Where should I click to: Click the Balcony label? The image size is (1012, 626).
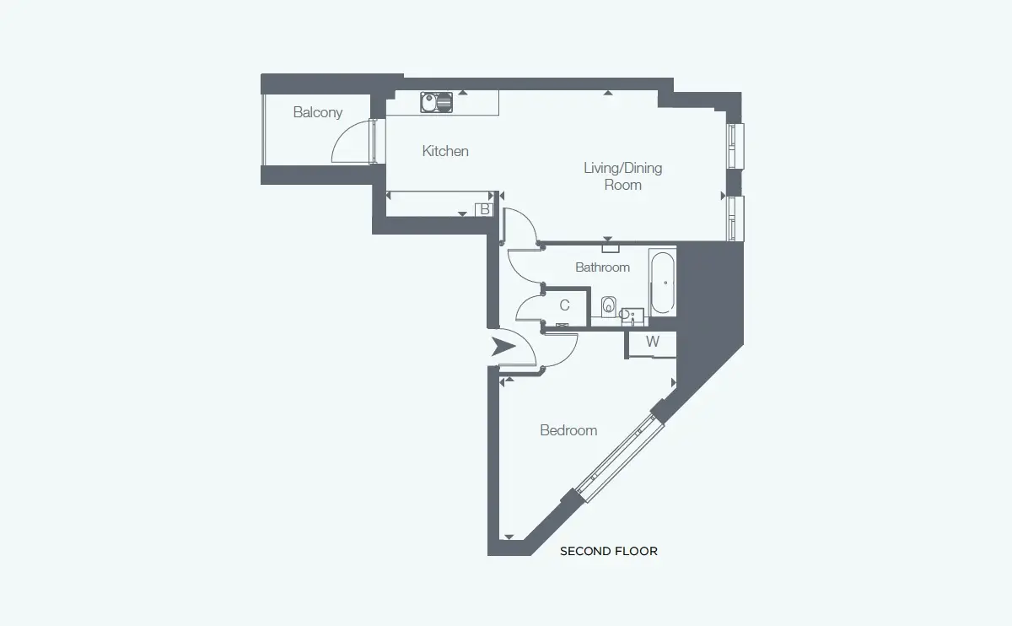coord(318,112)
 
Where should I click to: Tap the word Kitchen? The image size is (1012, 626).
coord(445,151)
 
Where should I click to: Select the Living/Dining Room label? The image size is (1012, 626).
coord(622,176)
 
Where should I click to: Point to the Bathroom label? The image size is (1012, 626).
coord(602,267)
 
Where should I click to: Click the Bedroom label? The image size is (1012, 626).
coord(568,430)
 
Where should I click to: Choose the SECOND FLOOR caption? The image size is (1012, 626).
coord(609,551)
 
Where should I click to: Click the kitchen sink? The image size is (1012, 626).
coord(437,102)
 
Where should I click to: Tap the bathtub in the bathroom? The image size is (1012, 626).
coord(662,282)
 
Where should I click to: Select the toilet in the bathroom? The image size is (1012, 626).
coord(609,306)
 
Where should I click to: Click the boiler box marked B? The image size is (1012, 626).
coord(484,210)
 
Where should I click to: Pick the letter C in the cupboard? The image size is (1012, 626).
coord(564,305)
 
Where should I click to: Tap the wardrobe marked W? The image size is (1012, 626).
coord(653,342)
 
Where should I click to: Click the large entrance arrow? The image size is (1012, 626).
coord(503,347)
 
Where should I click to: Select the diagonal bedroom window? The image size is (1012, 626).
coord(620,458)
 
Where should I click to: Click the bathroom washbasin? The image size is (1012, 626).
coord(632,316)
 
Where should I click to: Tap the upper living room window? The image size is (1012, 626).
coord(735,146)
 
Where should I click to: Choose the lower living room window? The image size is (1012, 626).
coord(735,219)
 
